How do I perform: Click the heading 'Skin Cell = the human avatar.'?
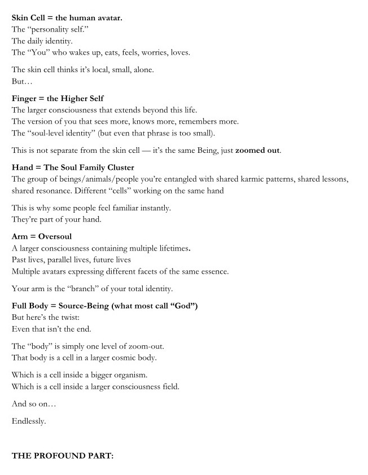67,17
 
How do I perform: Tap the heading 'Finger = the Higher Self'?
58,98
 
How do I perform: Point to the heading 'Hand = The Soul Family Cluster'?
73,168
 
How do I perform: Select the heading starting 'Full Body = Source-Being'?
104,306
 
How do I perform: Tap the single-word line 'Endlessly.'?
29,421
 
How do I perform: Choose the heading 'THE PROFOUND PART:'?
62,455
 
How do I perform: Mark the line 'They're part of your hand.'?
56,219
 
